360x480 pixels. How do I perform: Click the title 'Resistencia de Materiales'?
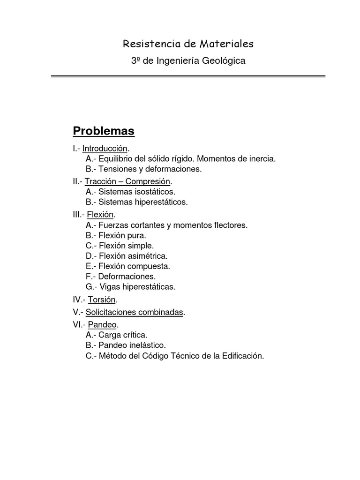coord(188,44)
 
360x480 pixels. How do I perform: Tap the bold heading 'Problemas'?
coord(104,131)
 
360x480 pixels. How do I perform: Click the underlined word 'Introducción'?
coord(105,149)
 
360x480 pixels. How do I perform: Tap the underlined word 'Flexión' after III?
coord(100,215)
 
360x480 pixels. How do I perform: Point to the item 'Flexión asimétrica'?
coord(133,256)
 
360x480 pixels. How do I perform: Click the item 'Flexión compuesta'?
coord(134,266)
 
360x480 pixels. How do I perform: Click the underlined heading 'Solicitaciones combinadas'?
coord(134,312)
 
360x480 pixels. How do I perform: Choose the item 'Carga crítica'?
coord(123,335)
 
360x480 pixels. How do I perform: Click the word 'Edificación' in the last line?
coord(243,356)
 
